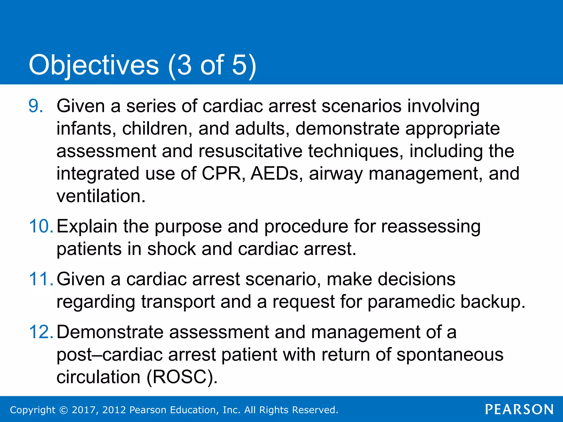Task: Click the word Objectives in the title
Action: click(x=94, y=65)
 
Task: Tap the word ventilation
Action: click(x=101, y=196)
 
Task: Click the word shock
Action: click(x=171, y=249)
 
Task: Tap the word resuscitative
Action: click(x=250, y=151)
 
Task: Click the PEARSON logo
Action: click(x=519, y=410)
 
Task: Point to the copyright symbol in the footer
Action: click(x=64, y=410)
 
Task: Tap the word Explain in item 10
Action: click(x=87, y=227)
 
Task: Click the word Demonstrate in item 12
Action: click(x=110, y=332)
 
